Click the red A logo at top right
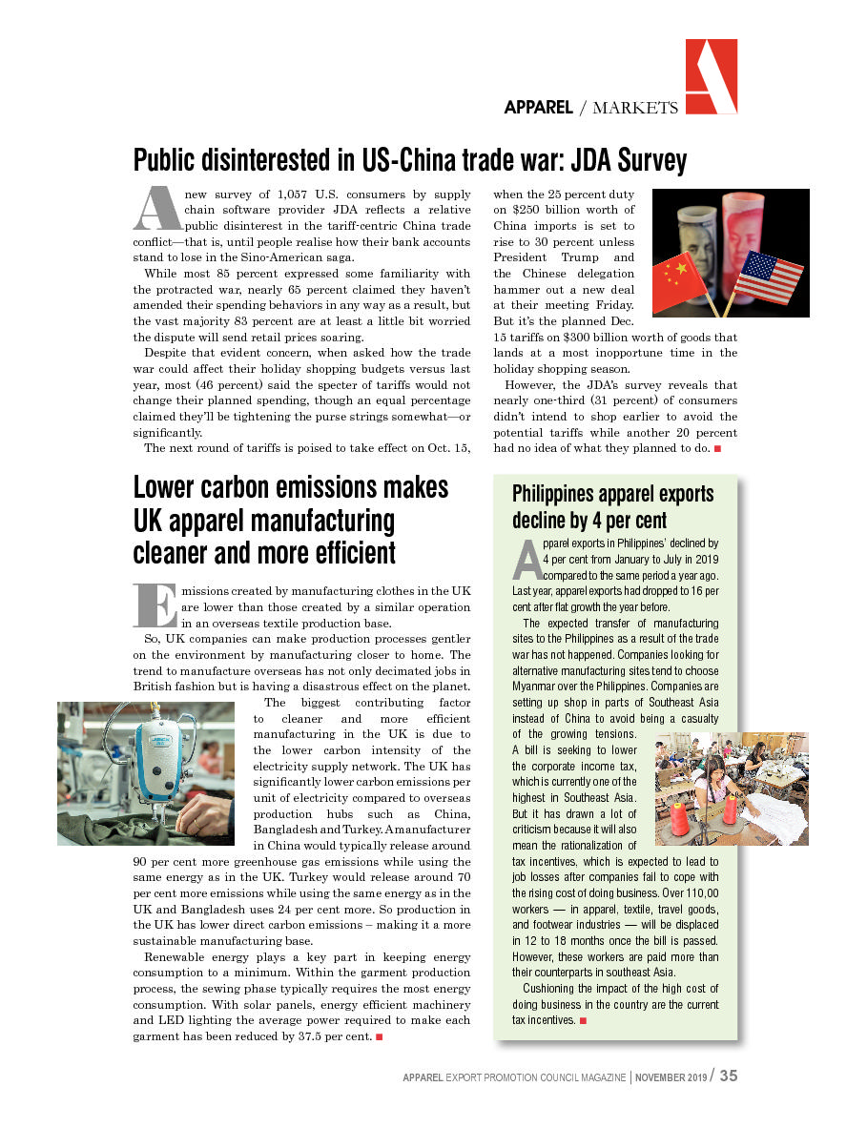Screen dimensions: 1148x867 (x=711, y=76)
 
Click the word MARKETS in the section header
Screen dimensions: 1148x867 (x=635, y=108)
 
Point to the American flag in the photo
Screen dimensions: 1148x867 (x=768, y=276)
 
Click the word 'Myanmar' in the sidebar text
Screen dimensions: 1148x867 (x=538, y=687)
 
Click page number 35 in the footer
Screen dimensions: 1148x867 (x=729, y=1076)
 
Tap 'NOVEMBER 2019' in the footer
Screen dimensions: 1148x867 (x=671, y=1077)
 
